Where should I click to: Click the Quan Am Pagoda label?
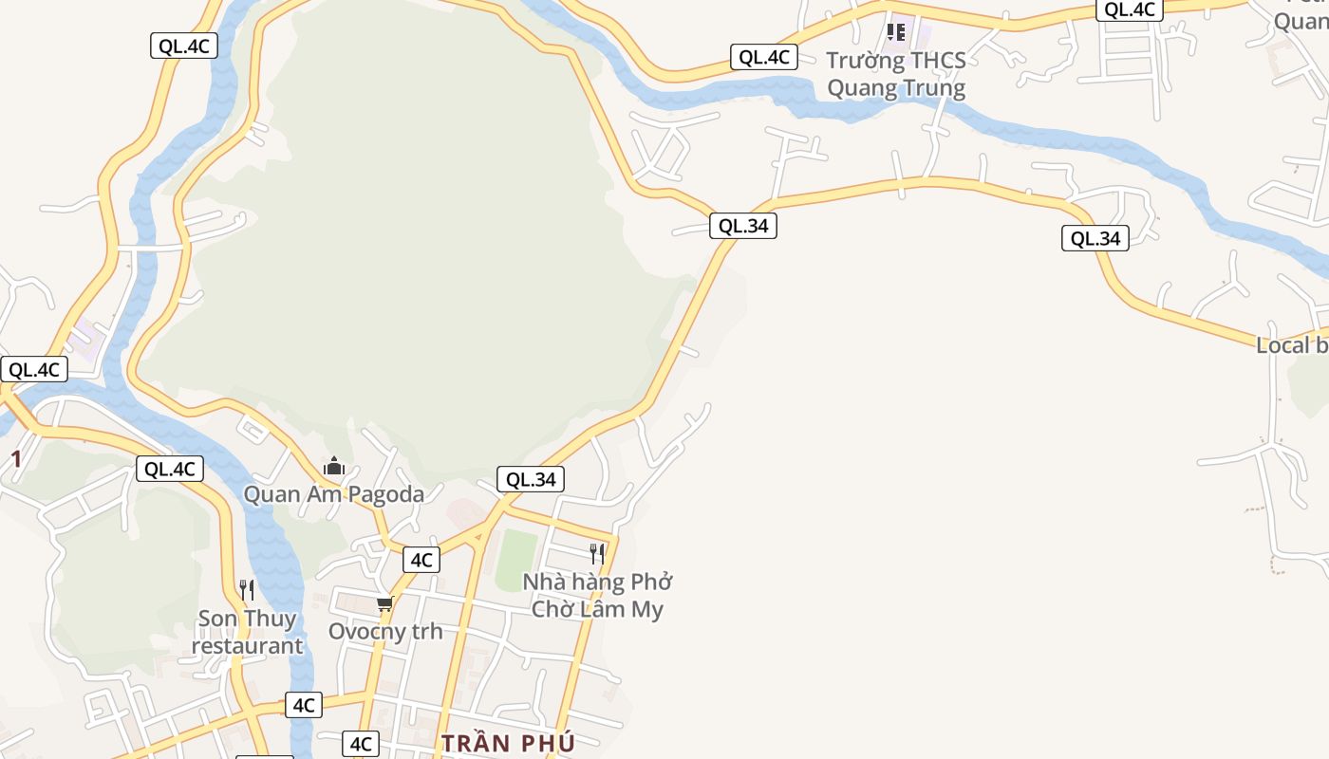[334, 494]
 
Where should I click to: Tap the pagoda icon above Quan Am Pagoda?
[334, 467]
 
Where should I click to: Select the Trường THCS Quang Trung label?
[896, 74]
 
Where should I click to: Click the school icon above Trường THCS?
[895, 33]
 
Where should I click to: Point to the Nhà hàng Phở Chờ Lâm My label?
[597, 595]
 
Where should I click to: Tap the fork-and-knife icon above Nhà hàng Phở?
[597, 554]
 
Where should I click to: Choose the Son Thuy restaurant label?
[247, 633]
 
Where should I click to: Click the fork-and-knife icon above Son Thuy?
[247, 590]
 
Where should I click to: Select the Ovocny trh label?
[385, 631]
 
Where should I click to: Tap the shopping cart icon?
[384, 603]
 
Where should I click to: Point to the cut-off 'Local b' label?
[1292, 345]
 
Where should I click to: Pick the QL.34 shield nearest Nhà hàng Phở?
[531, 480]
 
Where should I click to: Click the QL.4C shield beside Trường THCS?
[764, 57]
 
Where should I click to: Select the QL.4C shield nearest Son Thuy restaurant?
[170, 469]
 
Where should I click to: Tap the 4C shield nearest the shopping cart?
[421, 560]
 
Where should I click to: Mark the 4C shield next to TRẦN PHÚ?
[361, 744]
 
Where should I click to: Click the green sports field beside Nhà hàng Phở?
[516, 559]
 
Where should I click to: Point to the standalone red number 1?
[15, 460]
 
